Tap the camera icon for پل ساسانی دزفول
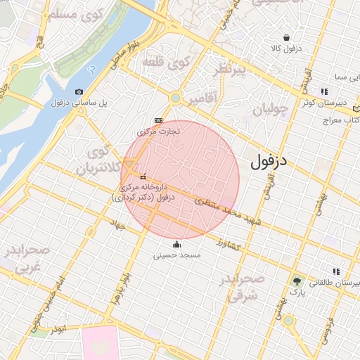tap(79, 91)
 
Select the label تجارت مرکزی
tap(158, 131)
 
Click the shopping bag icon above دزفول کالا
tap(286, 37)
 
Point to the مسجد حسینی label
tap(177, 255)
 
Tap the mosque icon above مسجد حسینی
tap(176, 245)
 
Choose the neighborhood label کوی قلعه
tap(167, 63)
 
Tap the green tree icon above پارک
tap(297, 281)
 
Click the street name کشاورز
tap(230, 245)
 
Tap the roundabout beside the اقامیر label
tap(175, 98)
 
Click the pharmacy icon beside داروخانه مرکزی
tap(143, 176)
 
